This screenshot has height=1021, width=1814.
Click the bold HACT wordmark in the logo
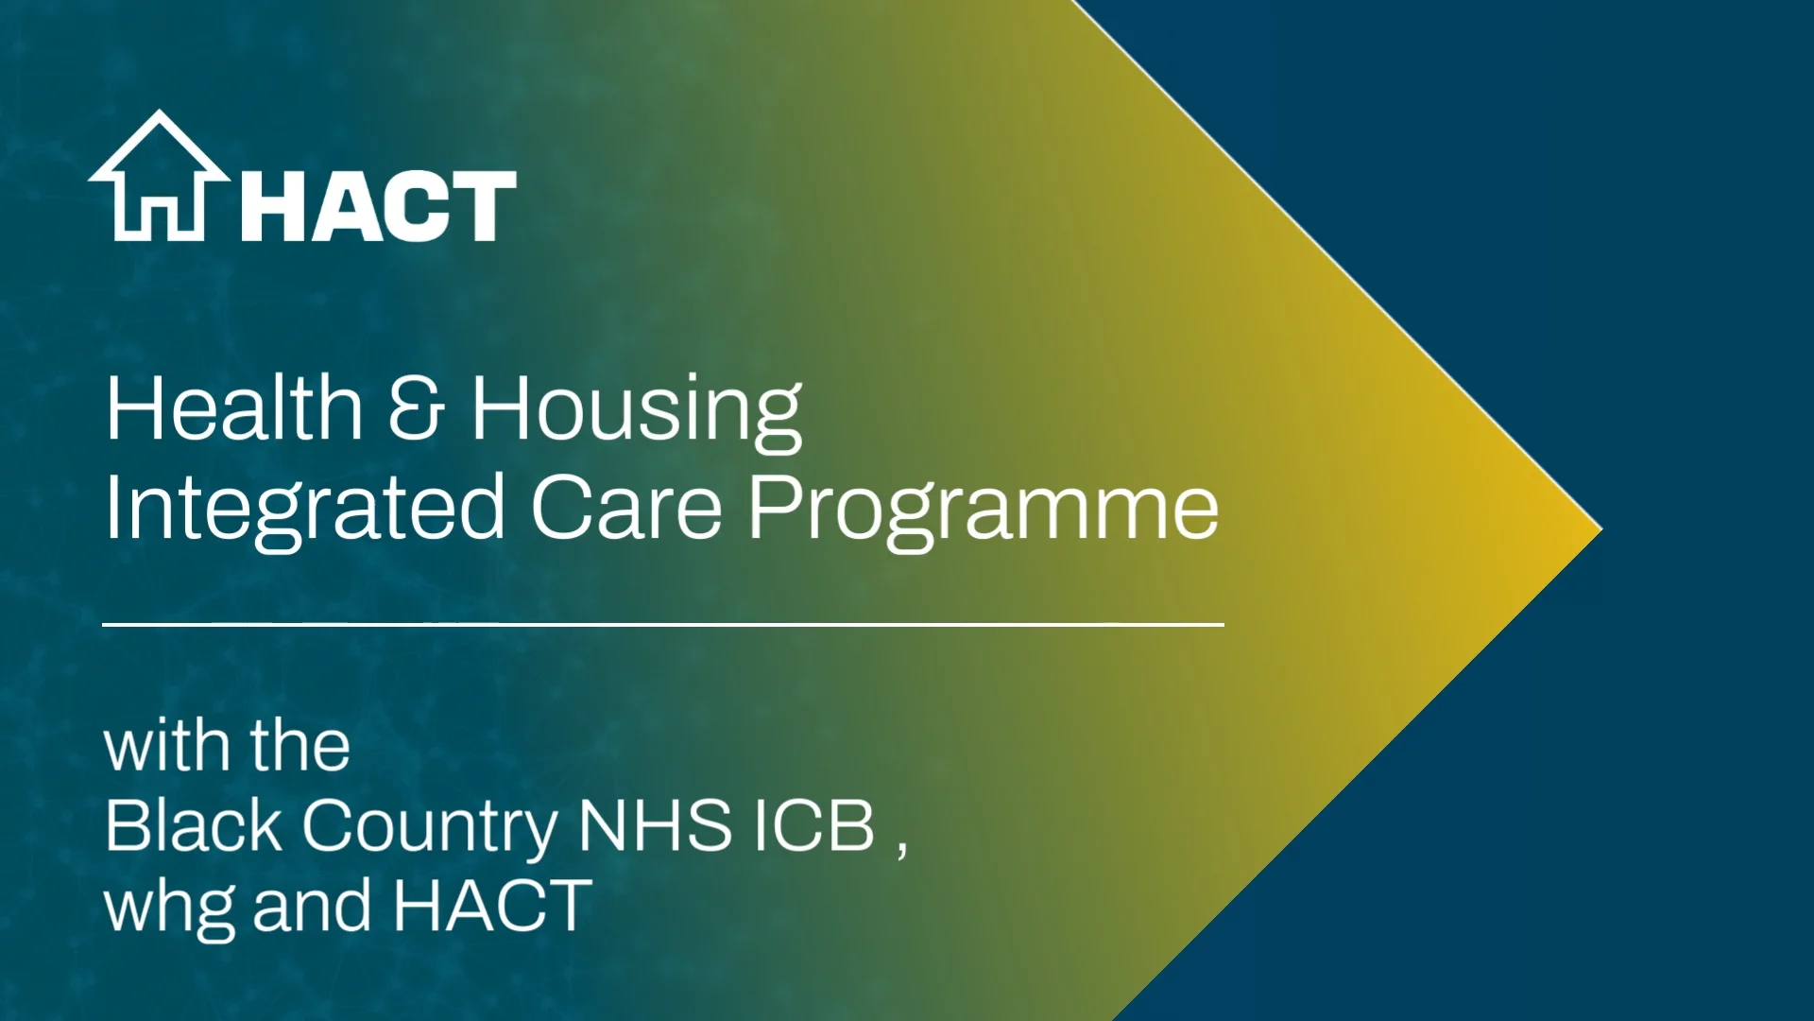378,205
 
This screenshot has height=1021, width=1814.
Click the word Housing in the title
637,410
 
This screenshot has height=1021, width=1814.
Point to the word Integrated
304,510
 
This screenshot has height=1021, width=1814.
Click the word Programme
984,510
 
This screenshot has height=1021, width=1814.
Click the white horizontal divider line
662,625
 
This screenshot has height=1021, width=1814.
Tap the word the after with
300,746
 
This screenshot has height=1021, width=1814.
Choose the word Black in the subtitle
194,825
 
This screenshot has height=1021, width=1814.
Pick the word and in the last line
312,905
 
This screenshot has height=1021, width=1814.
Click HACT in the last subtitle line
492,905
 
